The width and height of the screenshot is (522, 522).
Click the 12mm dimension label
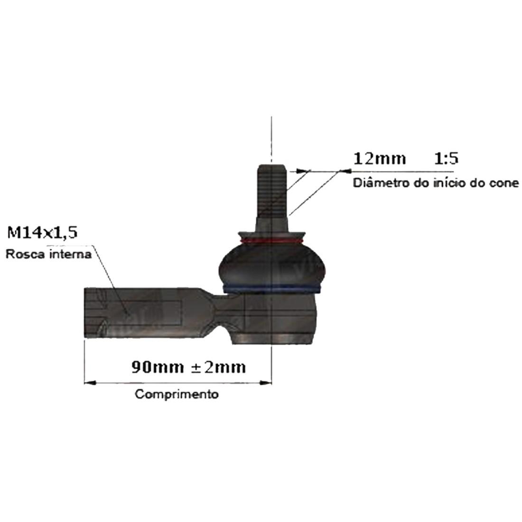coord(379,158)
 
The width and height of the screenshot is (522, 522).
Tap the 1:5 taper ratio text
coord(447,158)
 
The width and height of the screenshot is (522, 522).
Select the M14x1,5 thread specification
coord(42,233)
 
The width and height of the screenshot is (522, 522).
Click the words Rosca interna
coord(48,254)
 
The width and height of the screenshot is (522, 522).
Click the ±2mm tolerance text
coord(218,367)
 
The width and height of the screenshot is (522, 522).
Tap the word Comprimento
coord(177,394)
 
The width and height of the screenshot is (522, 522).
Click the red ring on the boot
coord(271,241)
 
